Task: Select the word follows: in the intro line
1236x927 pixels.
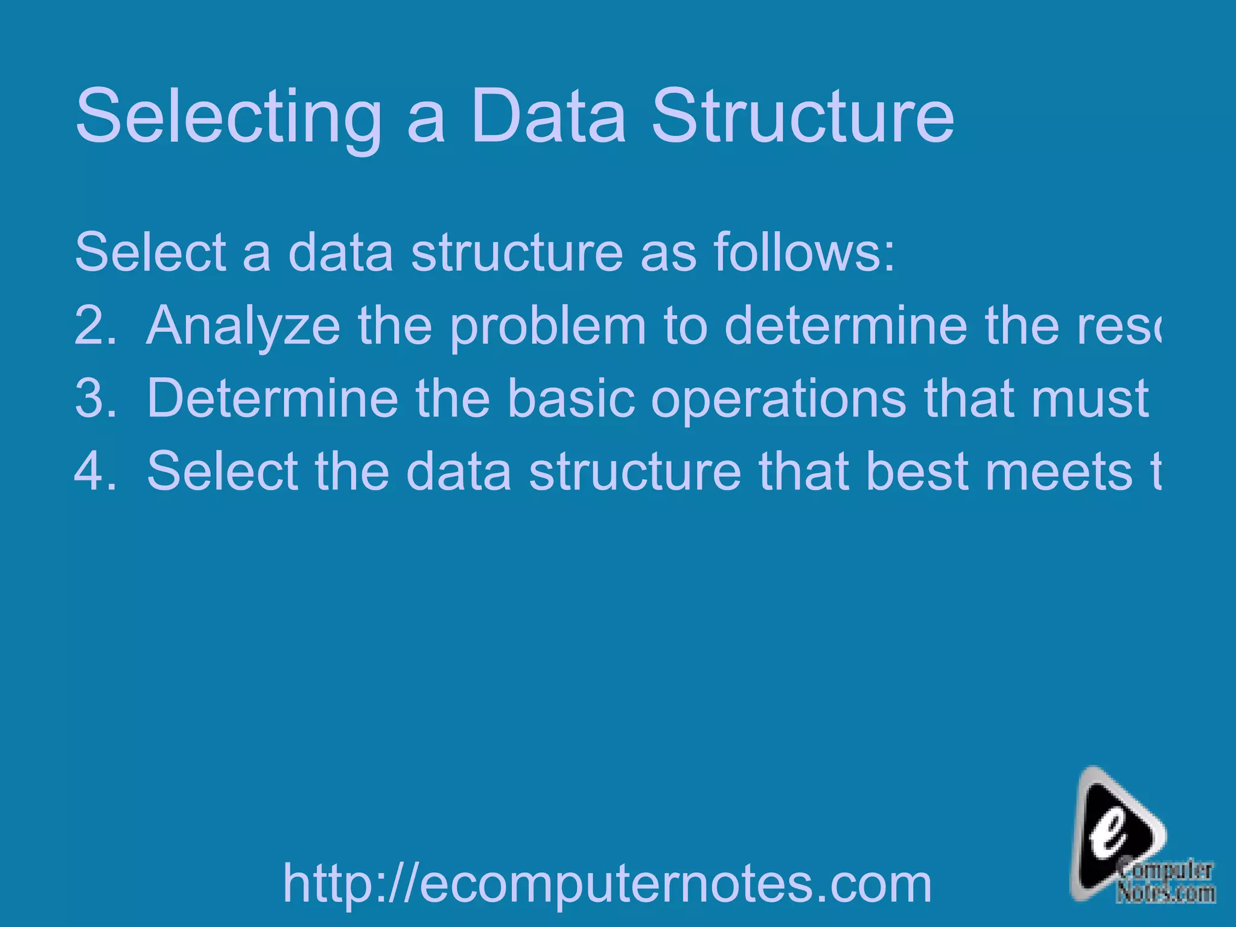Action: [804, 252]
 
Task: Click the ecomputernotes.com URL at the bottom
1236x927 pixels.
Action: [607, 883]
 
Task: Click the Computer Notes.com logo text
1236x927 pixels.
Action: [1165, 882]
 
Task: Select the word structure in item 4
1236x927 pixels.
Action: [634, 471]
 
